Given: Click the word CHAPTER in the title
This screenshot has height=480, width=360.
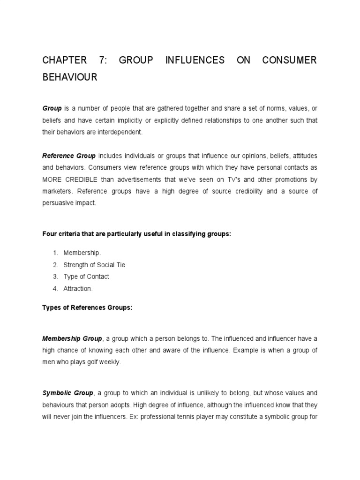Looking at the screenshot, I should coord(64,60).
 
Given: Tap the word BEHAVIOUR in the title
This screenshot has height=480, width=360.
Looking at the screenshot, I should coord(70,77).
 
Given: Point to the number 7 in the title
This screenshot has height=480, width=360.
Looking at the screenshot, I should coord(102,60).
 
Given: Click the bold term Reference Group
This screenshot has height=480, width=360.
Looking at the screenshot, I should coord(69,155).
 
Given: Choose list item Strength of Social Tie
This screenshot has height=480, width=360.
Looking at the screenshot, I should coord(94,265).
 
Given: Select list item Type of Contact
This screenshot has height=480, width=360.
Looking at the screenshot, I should coord(86,277).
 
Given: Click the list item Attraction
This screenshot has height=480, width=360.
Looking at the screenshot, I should coord(78,289).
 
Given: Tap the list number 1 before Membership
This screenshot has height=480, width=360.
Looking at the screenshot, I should coord(54,253).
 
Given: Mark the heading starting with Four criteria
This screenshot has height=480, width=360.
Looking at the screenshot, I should coord(137,234).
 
